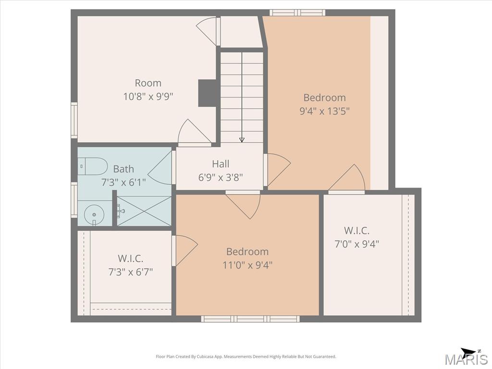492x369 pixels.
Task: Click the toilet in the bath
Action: [92, 166]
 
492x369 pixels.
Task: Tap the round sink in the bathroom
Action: [94, 215]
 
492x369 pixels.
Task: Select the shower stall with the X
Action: [144, 211]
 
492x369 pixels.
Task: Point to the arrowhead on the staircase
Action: [242, 140]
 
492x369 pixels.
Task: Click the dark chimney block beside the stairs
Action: [208, 93]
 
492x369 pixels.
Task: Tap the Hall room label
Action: [221, 164]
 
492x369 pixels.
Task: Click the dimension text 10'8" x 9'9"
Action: [148, 96]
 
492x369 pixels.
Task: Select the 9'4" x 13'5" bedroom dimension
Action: [325, 111]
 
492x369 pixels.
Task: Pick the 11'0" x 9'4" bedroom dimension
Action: [247, 265]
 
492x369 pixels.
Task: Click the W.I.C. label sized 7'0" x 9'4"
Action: [357, 231]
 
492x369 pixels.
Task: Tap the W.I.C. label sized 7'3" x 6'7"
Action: [131, 258]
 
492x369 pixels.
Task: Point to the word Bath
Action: [123, 169]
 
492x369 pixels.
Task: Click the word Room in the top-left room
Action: [148, 83]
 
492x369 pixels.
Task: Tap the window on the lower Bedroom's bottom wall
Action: [250, 319]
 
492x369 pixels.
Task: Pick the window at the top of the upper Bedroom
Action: [297, 12]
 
